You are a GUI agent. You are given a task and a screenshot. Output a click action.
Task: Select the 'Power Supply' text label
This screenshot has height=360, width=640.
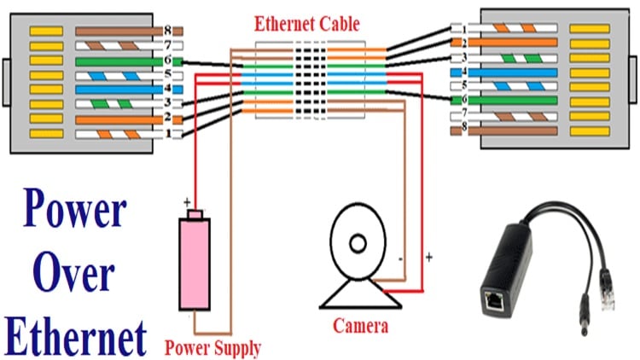pos(212,347)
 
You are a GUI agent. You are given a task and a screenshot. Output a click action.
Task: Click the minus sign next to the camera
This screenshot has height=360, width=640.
pos(400,256)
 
